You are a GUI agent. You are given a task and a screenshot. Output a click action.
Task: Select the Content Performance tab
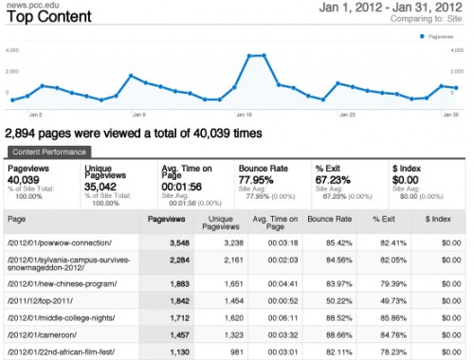[x=48, y=152]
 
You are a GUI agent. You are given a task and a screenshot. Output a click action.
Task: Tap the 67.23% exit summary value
[x=336, y=178]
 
